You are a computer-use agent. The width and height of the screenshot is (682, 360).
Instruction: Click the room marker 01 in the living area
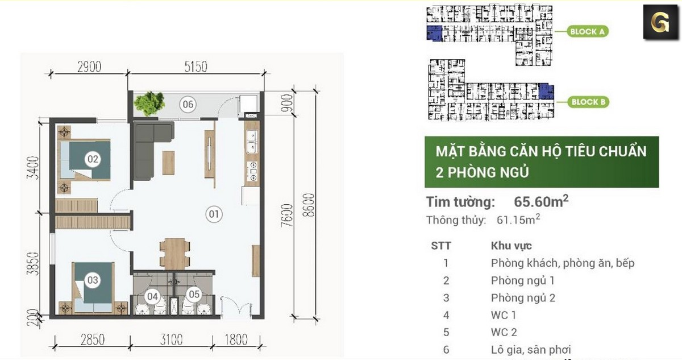click(214, 214)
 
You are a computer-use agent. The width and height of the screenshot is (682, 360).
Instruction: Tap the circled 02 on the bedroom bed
click(93, 160)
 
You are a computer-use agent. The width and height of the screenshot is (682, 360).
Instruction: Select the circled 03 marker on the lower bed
click(93, 280)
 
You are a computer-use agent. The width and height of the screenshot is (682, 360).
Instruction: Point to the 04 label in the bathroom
click(152, 296)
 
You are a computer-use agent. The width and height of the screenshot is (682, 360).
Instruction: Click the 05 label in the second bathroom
click(194, 295)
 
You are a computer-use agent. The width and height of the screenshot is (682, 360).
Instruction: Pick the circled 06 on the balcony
click(188, 104)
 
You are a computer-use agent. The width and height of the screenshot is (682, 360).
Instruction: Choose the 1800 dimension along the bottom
click(236, 340)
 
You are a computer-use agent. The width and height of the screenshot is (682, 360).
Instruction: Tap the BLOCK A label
click(587, 32)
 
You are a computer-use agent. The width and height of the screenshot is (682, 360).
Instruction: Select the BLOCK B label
click(589, 102)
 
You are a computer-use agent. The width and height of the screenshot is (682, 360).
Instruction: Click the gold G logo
click(660, 22)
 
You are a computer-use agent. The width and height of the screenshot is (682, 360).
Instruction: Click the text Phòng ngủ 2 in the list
click(523, 297)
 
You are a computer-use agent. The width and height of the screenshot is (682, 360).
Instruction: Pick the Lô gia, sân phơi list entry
click(531, 350)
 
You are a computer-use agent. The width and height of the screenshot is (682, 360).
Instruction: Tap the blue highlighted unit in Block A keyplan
click(434, 33)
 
